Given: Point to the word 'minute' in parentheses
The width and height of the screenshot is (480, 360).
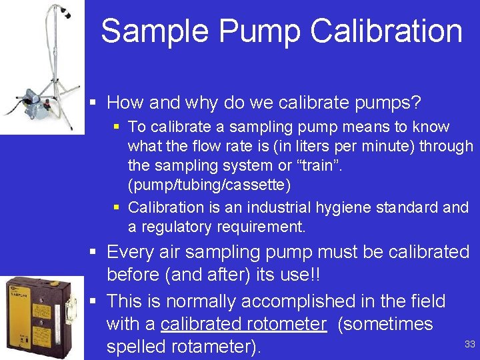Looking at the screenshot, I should point(379,146).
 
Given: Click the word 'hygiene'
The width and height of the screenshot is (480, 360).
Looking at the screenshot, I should point(375,207).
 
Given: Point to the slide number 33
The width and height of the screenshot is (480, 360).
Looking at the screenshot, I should point(469,344).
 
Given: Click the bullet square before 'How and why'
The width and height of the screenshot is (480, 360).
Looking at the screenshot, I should point(95,103).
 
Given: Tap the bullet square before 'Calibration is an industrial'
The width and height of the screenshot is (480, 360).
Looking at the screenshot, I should point(117,208).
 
